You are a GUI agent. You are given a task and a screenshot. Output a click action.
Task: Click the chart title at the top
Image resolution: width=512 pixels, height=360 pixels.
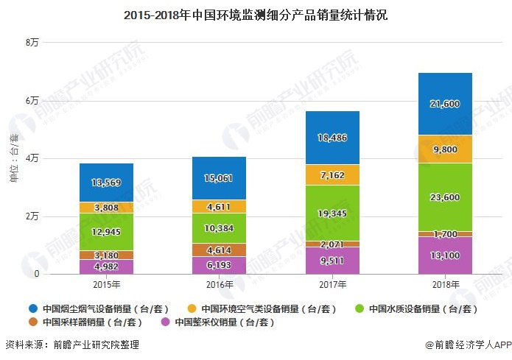coord(255,15)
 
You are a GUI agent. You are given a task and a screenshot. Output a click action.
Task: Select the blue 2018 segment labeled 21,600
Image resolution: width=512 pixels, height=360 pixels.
coord(444,104)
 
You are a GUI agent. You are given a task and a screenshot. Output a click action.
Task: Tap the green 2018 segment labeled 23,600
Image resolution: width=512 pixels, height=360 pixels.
coord(444,197)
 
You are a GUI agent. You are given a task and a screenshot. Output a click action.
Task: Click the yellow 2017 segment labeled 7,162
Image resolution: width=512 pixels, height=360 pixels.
coord(332,175)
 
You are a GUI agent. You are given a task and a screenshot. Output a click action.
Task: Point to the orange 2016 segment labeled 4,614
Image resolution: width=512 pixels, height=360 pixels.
coord(219,250)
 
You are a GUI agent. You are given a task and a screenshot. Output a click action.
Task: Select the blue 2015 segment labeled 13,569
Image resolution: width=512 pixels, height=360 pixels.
coord(106,183)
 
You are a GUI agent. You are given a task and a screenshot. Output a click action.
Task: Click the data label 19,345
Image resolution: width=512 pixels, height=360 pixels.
coord(332,213)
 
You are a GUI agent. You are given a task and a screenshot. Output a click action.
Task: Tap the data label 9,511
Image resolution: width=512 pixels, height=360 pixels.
coord(332,260)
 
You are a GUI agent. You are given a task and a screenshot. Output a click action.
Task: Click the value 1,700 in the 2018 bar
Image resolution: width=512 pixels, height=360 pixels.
coord(444,234)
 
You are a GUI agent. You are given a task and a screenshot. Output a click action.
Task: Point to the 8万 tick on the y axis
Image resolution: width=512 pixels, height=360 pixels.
coord(32,43)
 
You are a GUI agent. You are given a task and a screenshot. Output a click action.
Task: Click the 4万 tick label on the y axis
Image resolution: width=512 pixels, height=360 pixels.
coord(32,158)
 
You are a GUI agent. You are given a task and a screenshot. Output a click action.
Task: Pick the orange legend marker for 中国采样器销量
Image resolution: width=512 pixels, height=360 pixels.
coord(31,322)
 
